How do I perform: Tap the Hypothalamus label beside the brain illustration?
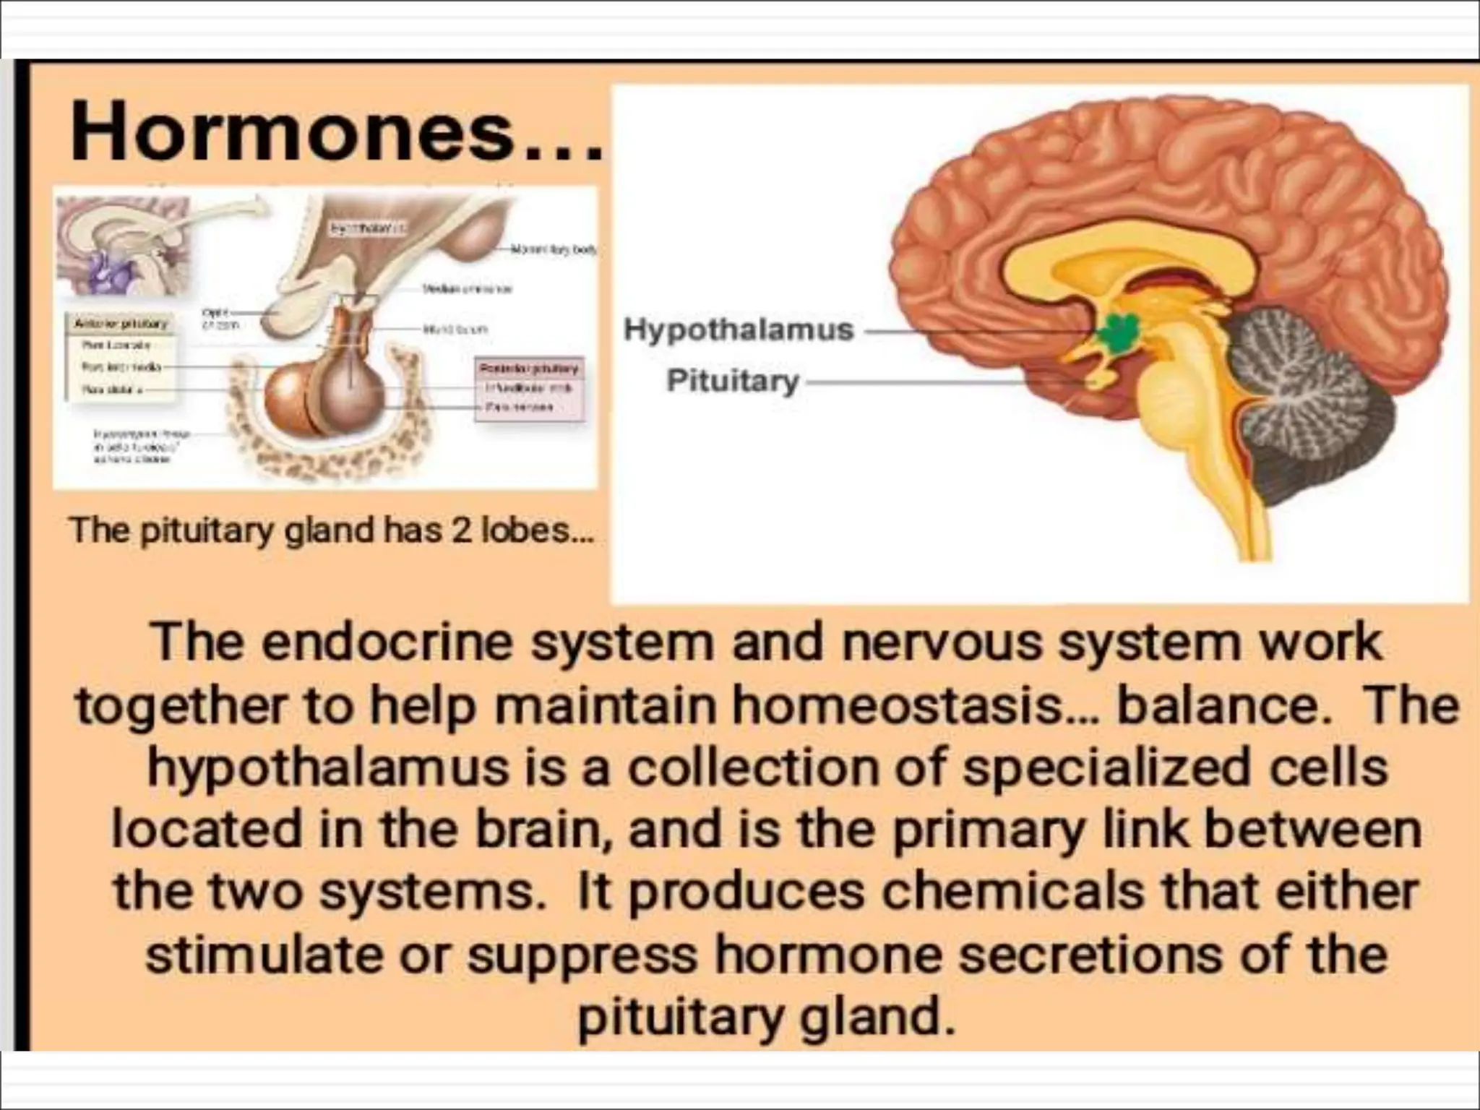[x=738, y=330]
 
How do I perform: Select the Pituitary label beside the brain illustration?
[x=732, y=381]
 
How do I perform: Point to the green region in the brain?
[x=1118, y=333]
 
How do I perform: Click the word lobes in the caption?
[x=531, y=531]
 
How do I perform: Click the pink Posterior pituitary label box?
[x=529, y=387]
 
